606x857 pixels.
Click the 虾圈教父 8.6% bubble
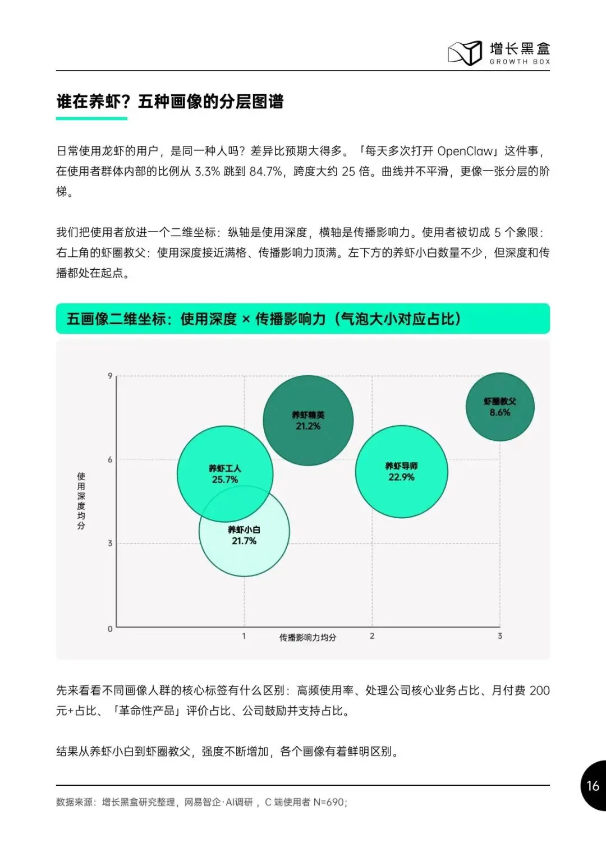pyautogui.click(x=500, y=407)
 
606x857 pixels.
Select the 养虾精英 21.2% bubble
pyautogui.click(x=308, y=421)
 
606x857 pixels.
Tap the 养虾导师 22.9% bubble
pyautogui.click(x=402, y=472)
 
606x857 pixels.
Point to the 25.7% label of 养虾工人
pyautogui.click(x=225, y=480)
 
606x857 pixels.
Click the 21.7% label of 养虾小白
pyautogui.click(x=244, y=541)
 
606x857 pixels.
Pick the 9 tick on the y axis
pyautogui.click(x=110, y=376)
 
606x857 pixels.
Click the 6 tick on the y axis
pyautogui.click(x=110, y=459)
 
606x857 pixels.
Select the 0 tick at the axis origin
pyautogui.click(x=110, y=629)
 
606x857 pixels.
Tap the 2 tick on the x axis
pyautogui.click(x=372, y=636)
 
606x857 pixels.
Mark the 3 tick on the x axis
pyautogui.click(x=500, y=636)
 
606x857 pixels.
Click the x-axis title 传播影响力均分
pyautogui.click(x=308, y=637)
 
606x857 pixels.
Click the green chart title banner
pyautogui.click(x=303, y=319)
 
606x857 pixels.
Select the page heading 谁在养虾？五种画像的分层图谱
pyautogui.click(x=170, y=102)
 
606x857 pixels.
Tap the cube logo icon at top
pyautogui.click(x=465, y=53)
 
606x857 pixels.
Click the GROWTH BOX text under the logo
pyautogui.click(x=520, y=62)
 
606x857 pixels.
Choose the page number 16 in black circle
pyautogui.click(x=593, y=786)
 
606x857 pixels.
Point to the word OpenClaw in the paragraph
pyautogui.click(x=465, y=151)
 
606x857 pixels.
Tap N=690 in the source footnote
pyautogui.click(x=329, y=802)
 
